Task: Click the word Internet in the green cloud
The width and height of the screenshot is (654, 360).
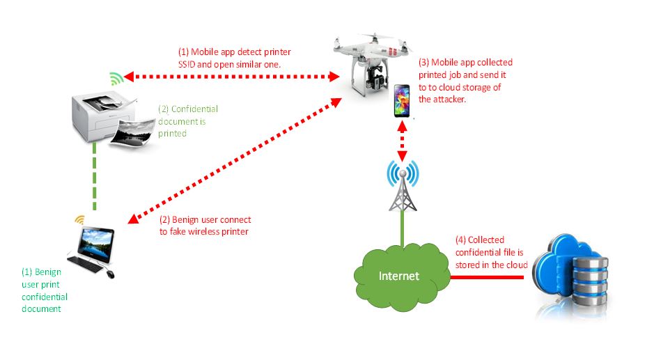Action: coord(399,276)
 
